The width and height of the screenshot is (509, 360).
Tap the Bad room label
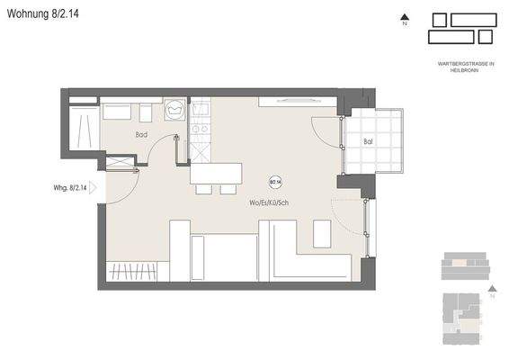[141, 135]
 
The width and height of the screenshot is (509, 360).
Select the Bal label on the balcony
[368, 142]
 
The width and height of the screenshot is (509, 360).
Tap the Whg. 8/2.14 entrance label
[70, 188]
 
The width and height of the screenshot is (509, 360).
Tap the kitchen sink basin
[201, 111]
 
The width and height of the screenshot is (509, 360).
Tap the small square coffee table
[321, 232]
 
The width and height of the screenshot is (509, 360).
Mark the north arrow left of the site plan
[406, 17]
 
